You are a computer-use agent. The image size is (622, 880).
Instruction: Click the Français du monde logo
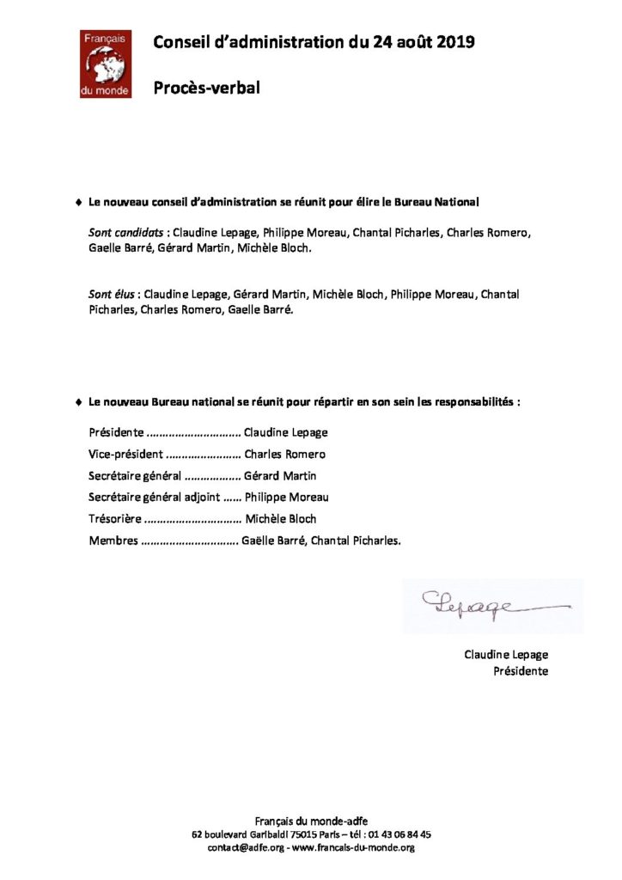[106, 64]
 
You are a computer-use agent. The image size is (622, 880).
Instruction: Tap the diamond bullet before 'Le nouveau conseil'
[78, 203]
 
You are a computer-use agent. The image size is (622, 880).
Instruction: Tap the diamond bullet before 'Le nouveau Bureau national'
[78, 401]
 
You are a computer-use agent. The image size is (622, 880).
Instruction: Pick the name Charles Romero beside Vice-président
[285, 454]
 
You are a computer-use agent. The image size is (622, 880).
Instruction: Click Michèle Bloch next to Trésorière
[281, 518]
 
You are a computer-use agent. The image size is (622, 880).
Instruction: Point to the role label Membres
[113, 540]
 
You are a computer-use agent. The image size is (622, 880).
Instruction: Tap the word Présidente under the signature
[521, 671]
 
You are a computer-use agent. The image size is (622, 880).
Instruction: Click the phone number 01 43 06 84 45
[393, 834]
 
